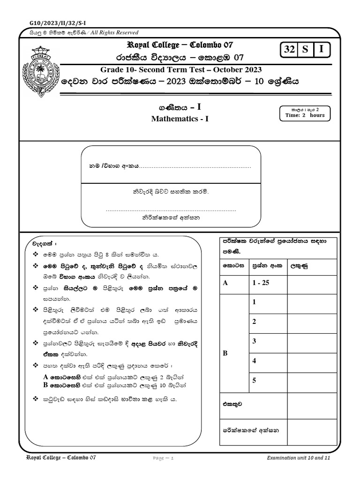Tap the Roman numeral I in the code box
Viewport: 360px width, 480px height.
(x=322, y=50)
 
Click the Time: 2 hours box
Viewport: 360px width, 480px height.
(x=305, y=113)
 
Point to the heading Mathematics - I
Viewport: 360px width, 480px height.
(x=180, y=119)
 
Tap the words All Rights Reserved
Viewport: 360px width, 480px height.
(x=114, y=32)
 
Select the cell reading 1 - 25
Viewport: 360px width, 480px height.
(x=260, y=283)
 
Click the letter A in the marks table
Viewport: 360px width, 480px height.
(x=225, y=283)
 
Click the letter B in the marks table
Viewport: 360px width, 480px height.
(x=225, y=353)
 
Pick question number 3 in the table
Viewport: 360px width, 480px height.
(x=254, y=341)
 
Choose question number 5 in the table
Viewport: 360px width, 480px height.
(x=254, y=380)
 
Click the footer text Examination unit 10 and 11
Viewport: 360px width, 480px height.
(x=299, y=457)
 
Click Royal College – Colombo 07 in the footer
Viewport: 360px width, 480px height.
(x=60, y=457)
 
